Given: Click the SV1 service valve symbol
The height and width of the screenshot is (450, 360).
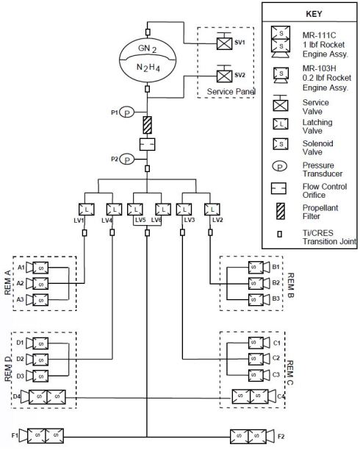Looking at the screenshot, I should coord(222,43).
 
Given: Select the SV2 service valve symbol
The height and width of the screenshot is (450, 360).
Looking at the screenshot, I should coord(222,75).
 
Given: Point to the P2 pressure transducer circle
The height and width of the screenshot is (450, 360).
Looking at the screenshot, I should coord(127,158).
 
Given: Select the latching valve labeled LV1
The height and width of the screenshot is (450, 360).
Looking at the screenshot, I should coord(85,209).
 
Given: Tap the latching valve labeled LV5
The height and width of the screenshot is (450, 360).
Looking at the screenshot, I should coord(136,209).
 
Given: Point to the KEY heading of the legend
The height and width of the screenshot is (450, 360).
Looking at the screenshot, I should coord(309,13).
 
